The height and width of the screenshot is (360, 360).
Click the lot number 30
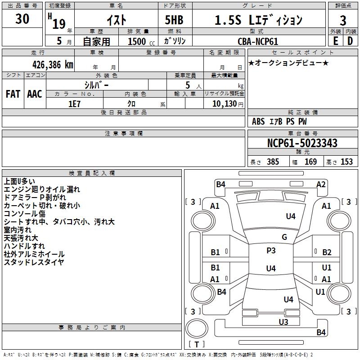(22, 19)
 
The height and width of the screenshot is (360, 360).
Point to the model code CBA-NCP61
(258, 41)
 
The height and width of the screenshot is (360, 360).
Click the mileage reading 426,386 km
(53, 64)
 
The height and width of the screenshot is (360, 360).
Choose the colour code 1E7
(74, 104)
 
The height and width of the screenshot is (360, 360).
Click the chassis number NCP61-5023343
(302, 143)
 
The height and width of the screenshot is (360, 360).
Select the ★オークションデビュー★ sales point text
(288, 63)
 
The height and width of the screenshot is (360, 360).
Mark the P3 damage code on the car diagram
(271, 251)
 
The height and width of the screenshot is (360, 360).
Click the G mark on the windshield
(284, 237)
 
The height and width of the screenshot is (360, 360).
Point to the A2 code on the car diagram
(321, 184)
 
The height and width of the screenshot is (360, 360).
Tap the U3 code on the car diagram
(283, 322)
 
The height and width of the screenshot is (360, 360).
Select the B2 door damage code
(327, 252)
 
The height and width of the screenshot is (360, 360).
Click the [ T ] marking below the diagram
(197, 344)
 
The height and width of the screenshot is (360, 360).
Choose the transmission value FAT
(13, 94)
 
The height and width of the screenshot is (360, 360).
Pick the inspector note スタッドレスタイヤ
(34, 261)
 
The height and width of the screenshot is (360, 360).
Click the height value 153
(346, 162)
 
